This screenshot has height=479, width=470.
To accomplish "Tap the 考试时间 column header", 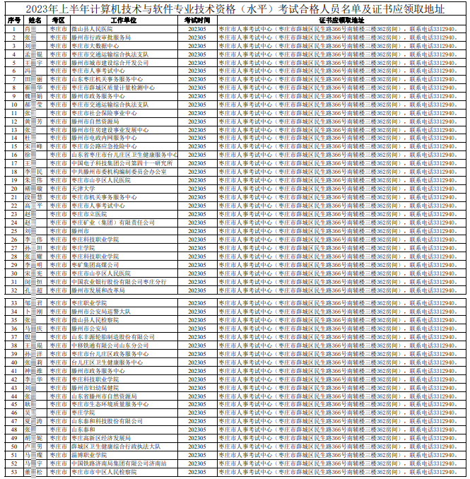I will (x=197, y=20).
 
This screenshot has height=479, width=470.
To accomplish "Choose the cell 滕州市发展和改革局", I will (x=98, y=290).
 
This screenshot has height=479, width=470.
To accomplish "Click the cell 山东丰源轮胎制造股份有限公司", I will (x=113, y=337).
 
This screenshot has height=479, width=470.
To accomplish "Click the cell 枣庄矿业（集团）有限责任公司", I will (x=112, y=223).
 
